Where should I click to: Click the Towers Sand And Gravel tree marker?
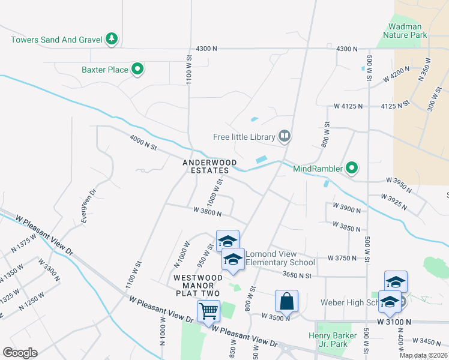(x=111, y=39)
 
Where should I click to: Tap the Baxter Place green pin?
(x=137, y=70)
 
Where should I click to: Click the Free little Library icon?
(x=285, y=137)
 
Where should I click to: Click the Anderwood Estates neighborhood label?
(x=210, y=166)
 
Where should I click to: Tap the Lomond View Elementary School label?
(x=280, y=258)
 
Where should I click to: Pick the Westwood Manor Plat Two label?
(x=196, y=285)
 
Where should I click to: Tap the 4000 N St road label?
(x=143, y=143)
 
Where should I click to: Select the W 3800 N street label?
(x=208, y=213)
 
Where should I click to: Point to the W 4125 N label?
(x=349, y=106)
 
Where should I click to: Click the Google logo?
(x=20, y=353)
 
